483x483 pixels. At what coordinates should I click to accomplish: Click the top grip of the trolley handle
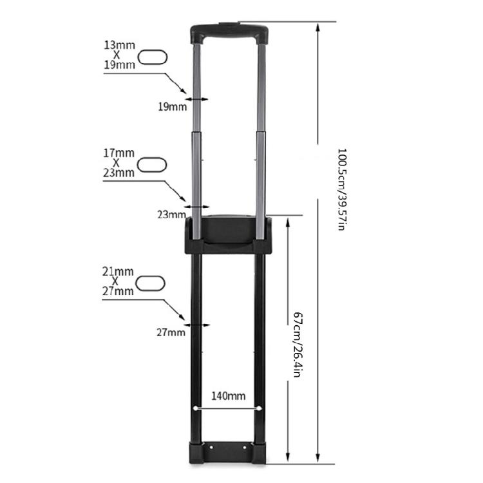pyautogui.click(x=229, y=30)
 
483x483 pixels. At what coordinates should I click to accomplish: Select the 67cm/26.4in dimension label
pyautogui.click(x=297, y=345)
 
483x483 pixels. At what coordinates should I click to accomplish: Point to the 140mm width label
pyautogui.click(x=229, y=396)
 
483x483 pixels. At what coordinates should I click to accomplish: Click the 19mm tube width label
pyautogui.click(x=172, y=106)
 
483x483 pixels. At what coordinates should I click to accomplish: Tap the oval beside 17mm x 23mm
pyautogui.click(x=153, y=163)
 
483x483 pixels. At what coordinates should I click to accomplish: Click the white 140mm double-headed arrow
pyautogui.click(x=229, y=408)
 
